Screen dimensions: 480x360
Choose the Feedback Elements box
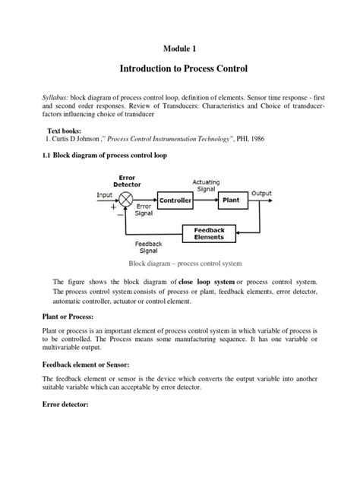pos(208,233)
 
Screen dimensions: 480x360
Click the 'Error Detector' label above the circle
pos(127,181)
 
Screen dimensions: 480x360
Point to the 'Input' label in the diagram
pos(105,194)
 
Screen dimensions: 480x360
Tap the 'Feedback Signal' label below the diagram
pos(148,248)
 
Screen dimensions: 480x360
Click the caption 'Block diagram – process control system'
pos(184,264)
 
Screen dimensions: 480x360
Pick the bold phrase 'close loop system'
pos(206,282)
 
